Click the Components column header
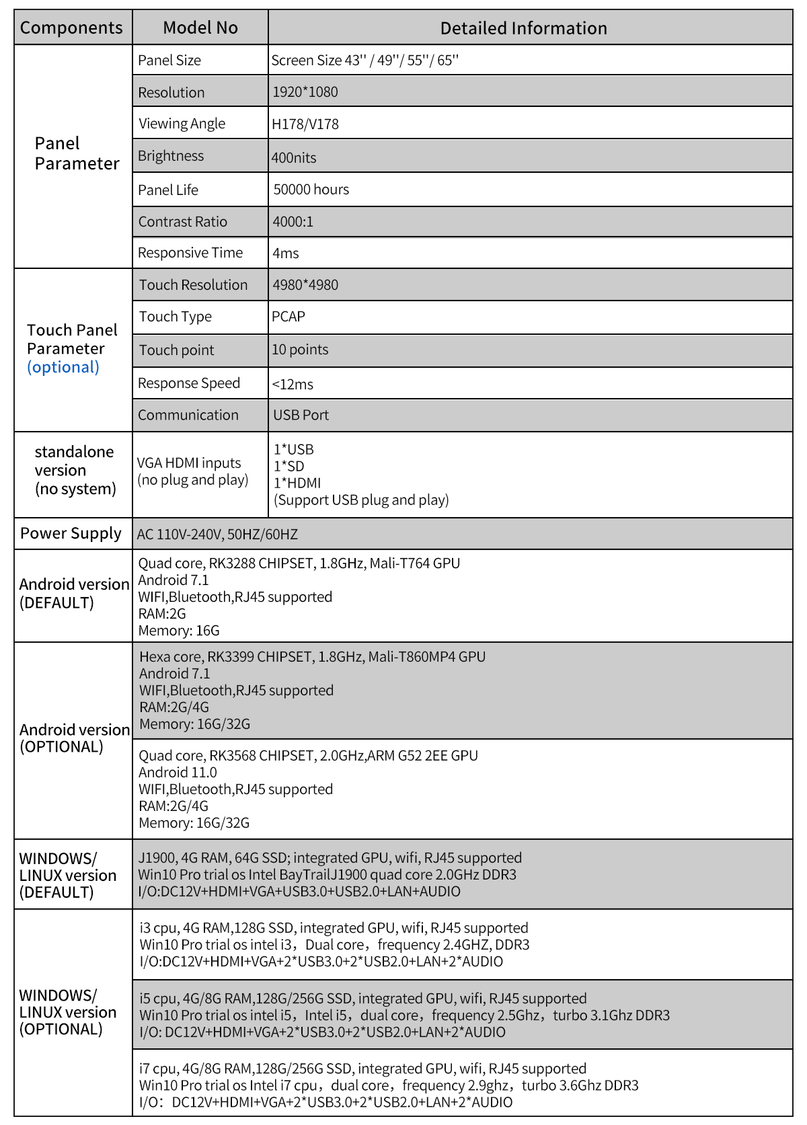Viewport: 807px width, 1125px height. click(x=71, y=28)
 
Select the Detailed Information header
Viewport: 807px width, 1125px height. click(x=523, y=28)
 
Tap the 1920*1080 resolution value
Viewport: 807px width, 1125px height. click(x=305, y=92)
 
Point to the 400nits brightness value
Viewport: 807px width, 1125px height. click(x=294, y=158)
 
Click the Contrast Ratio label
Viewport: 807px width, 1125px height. click(x=183, y=222)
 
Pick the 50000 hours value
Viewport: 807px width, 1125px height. click(x=311, y=190)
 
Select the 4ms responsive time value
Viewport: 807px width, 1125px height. click(x=286, y=254)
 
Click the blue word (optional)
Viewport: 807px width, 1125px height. click(x=63, y=367)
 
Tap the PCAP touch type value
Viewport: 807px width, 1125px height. click(x=289, y=317)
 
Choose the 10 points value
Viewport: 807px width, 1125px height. click(x=300, y=350)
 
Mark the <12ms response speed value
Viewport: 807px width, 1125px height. click(x=293, y=385)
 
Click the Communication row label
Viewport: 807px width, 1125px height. click(x=188, y=416)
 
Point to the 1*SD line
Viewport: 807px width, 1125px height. click(x=289, y=466)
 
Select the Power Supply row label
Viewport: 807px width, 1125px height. click(x=71, y=533)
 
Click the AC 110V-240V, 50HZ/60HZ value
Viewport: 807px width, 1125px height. click(x=217, y=535)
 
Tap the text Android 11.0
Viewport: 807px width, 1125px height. click(x=178, y=773)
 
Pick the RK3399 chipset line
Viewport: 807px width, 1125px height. click(x=312, y=657)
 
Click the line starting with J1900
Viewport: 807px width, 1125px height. click(x=330, y=858)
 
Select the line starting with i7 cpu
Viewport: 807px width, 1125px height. click(x=362, y=1069)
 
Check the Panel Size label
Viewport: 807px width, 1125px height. click(x=169, y=61)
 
